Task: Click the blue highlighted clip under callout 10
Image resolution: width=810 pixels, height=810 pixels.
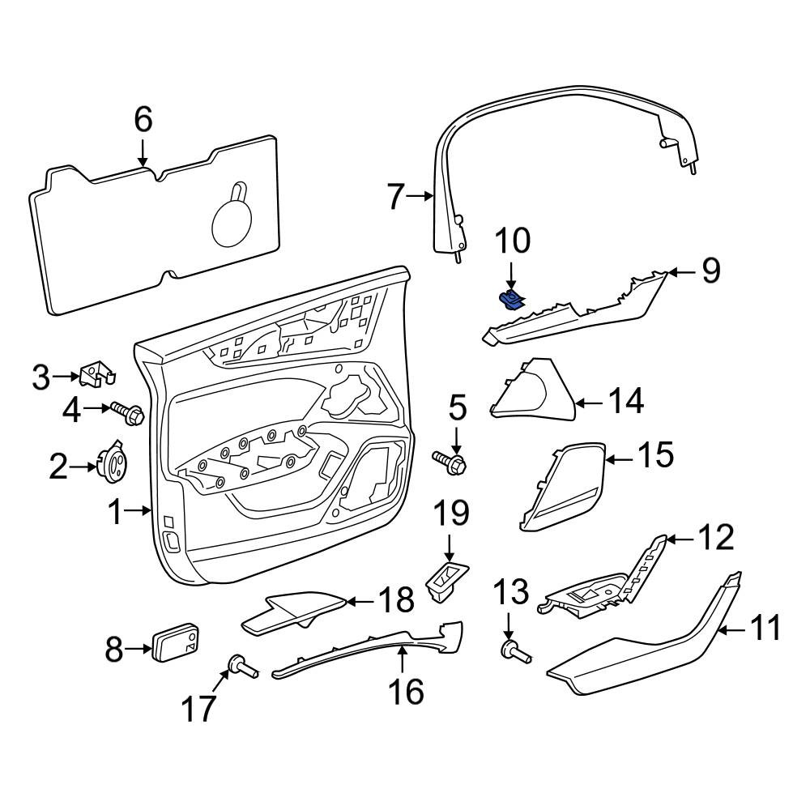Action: pyautogui.click(x=510, y=301)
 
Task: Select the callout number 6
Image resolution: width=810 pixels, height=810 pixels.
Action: pyautogui.click(x=143, y=119)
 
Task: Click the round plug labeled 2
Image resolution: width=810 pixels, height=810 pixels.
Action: pyautogui.click(x=112, y=460)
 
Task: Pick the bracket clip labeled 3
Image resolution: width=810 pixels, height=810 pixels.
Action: pyautogui.click(x=97, y=373)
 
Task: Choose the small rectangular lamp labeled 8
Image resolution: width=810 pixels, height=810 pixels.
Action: pyautogui.click(x=176, y=642)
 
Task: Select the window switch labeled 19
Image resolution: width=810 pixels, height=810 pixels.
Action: pyautogui.click(x=446, y=582)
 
